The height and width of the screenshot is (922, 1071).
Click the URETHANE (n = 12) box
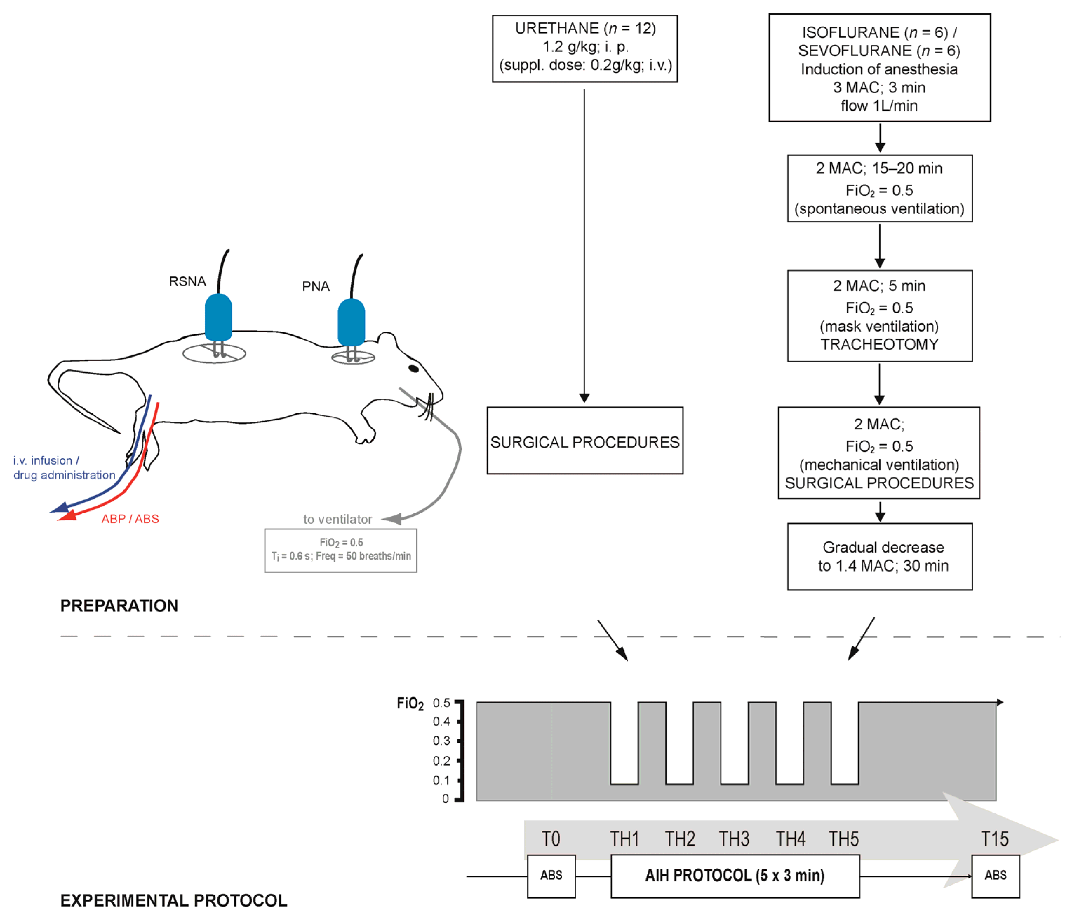(584, 48)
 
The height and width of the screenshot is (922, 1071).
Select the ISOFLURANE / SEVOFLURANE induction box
(879, 68)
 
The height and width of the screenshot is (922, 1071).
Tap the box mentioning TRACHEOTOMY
(879, 315)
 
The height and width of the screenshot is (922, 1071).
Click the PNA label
(315, 286)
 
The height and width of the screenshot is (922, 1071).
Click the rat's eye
(414, 368)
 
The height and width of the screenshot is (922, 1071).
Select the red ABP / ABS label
(130, 519)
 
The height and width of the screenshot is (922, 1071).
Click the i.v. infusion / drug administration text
(64, 467)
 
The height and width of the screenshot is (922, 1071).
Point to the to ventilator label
(337, 519)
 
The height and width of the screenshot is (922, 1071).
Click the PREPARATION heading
(119, 605)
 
